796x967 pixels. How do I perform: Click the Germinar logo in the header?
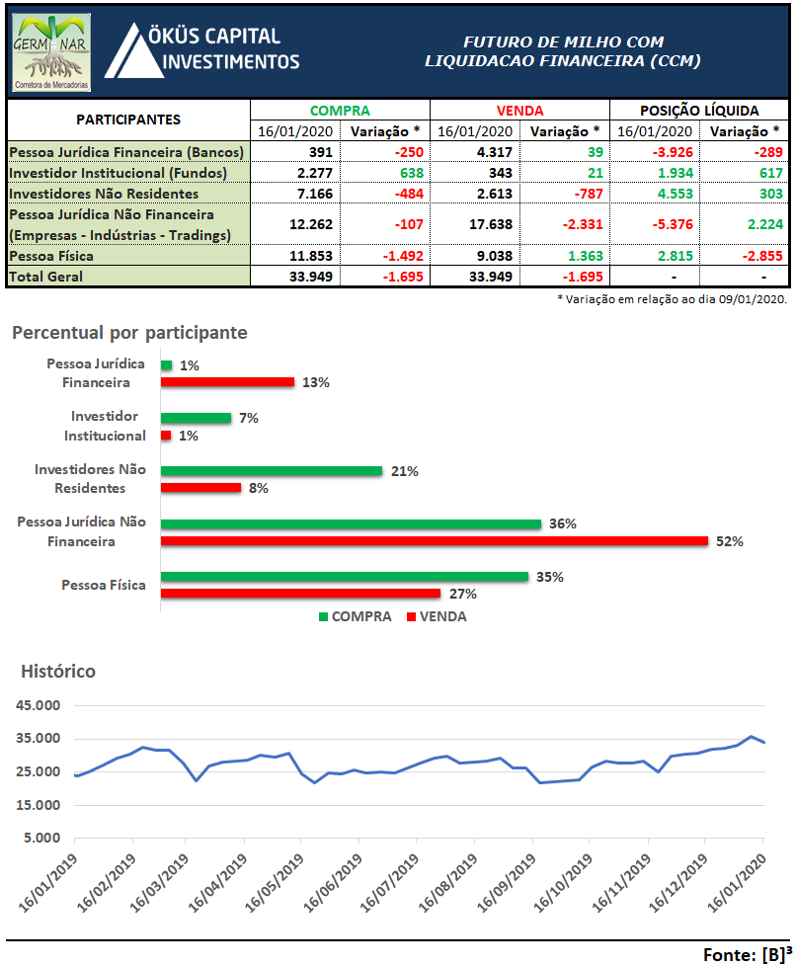52,51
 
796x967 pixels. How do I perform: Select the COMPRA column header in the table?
340,111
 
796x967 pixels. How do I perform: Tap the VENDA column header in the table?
519,111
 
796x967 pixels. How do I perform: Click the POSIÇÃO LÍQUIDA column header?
699,111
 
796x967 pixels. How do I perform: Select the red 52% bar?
435,540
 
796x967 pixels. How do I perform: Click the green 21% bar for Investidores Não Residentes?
271,470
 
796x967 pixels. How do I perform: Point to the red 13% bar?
227,381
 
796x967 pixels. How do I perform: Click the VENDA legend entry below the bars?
437,616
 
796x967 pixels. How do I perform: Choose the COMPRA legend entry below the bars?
355,616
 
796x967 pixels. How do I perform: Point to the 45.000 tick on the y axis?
40,705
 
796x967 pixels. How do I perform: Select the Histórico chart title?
58,672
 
